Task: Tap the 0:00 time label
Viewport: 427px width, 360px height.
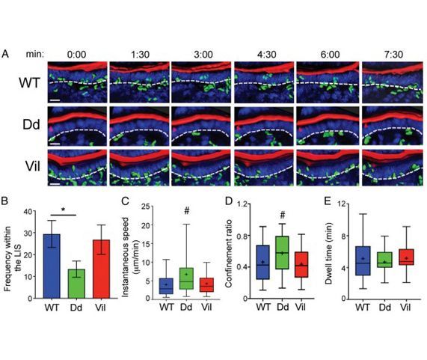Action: point(77,54)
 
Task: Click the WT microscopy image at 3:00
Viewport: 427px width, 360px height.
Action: point(201,82)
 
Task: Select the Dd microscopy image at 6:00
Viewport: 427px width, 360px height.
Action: point(326,125)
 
